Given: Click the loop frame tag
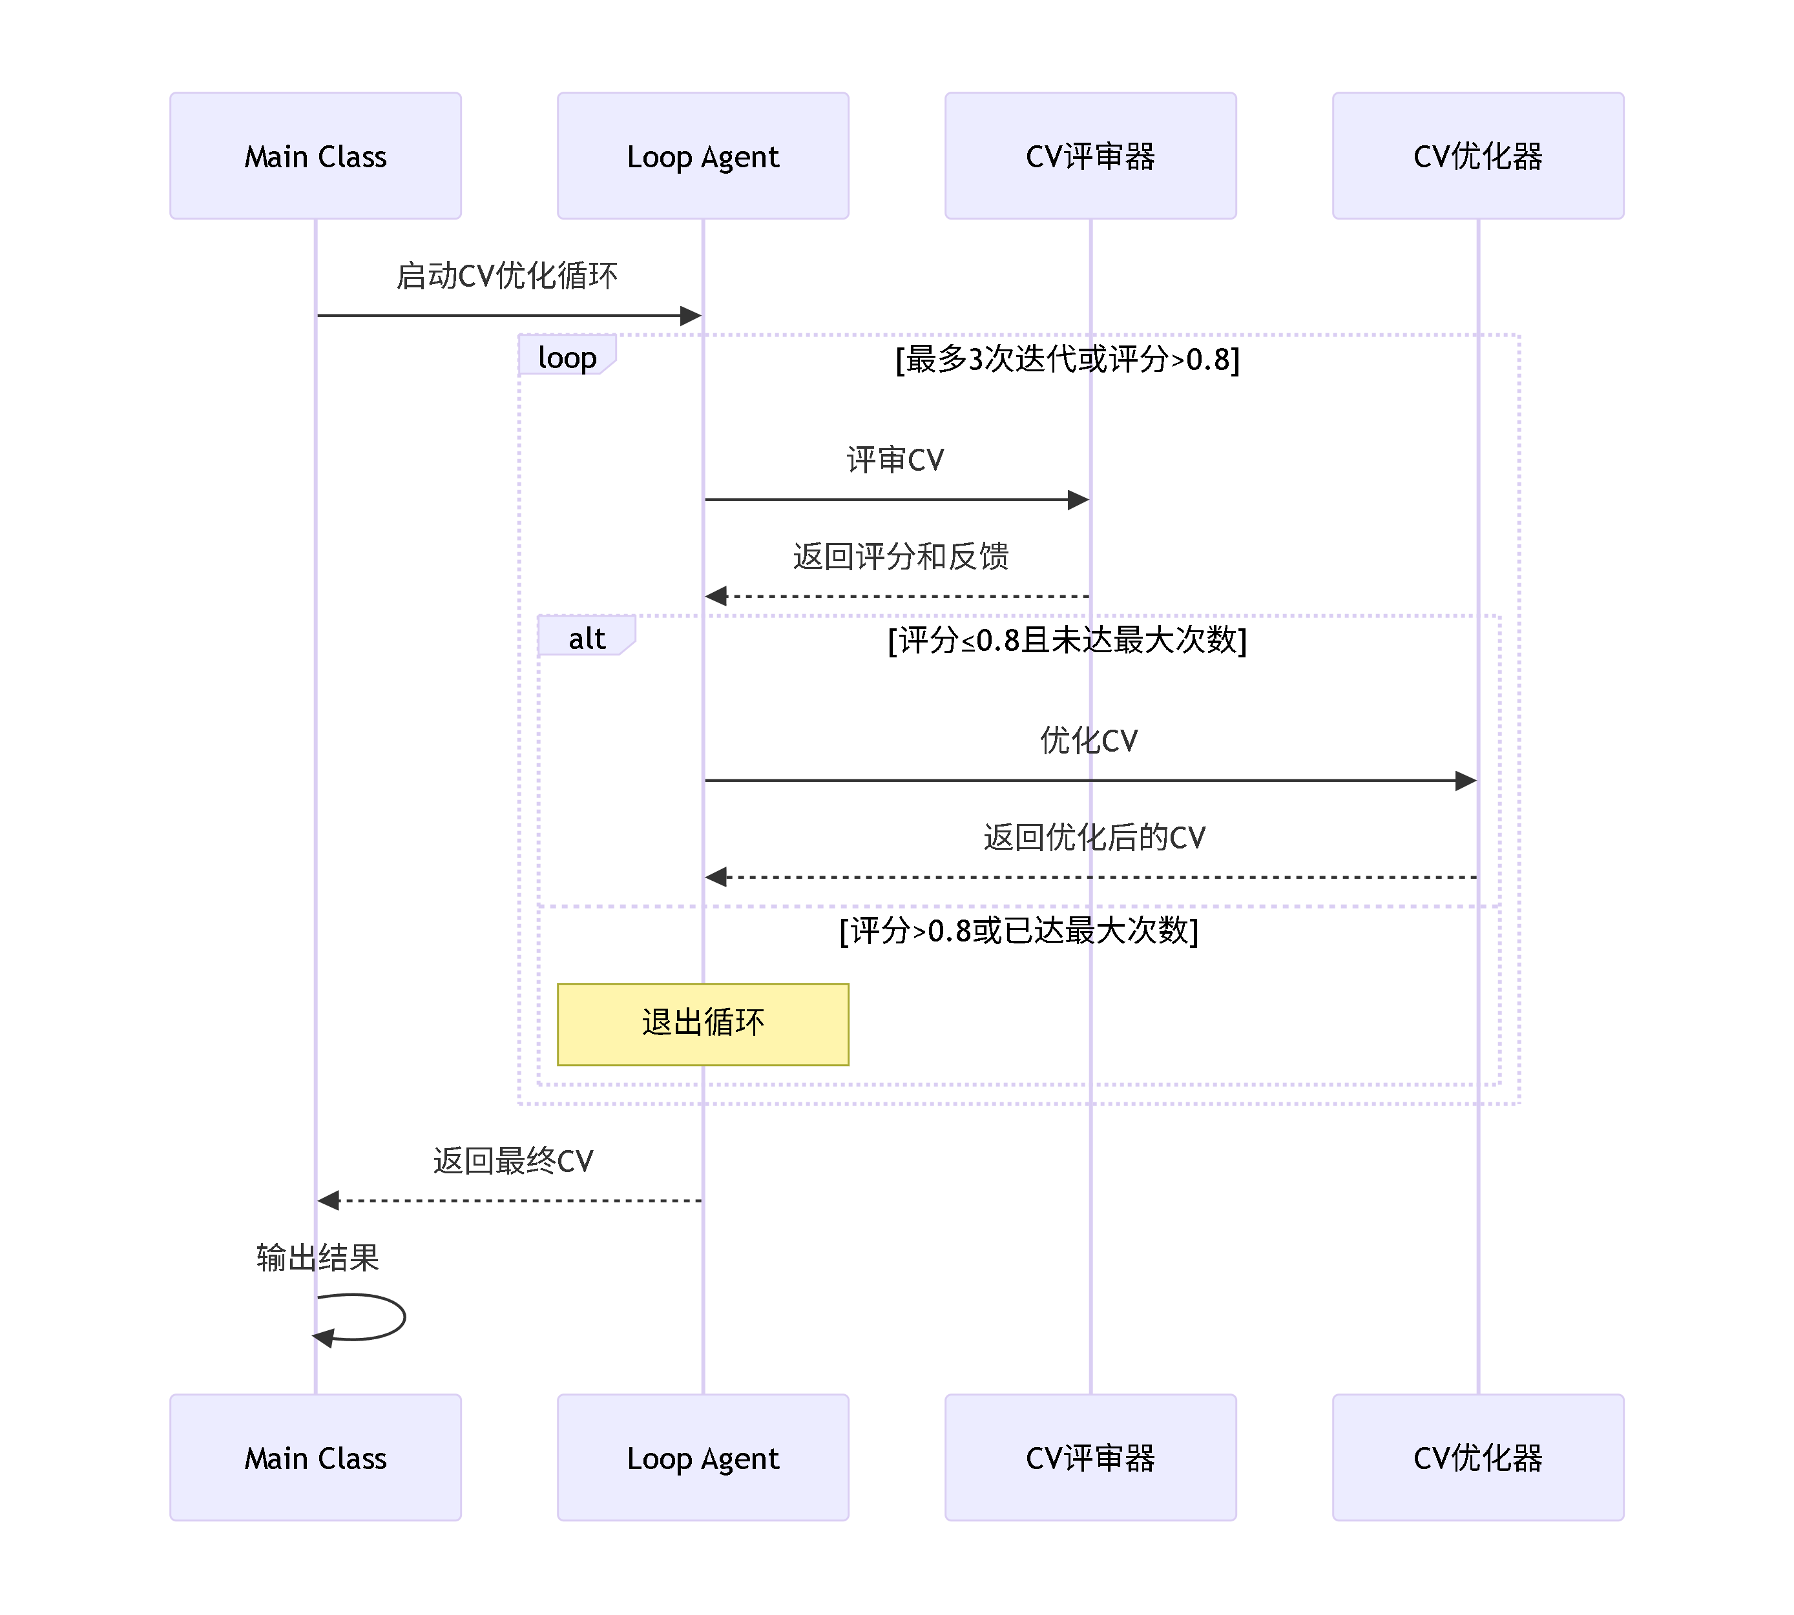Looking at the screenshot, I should coord(567,356).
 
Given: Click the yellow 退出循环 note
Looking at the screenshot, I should coord(702,1023).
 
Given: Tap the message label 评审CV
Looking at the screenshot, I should coord(895,460).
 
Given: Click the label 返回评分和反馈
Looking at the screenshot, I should coord(900,557).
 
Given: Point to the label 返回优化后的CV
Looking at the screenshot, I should coord(1094,837).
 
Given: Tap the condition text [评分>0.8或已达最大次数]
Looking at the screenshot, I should coord(1018,930).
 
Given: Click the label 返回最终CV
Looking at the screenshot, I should coord(512,1160).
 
